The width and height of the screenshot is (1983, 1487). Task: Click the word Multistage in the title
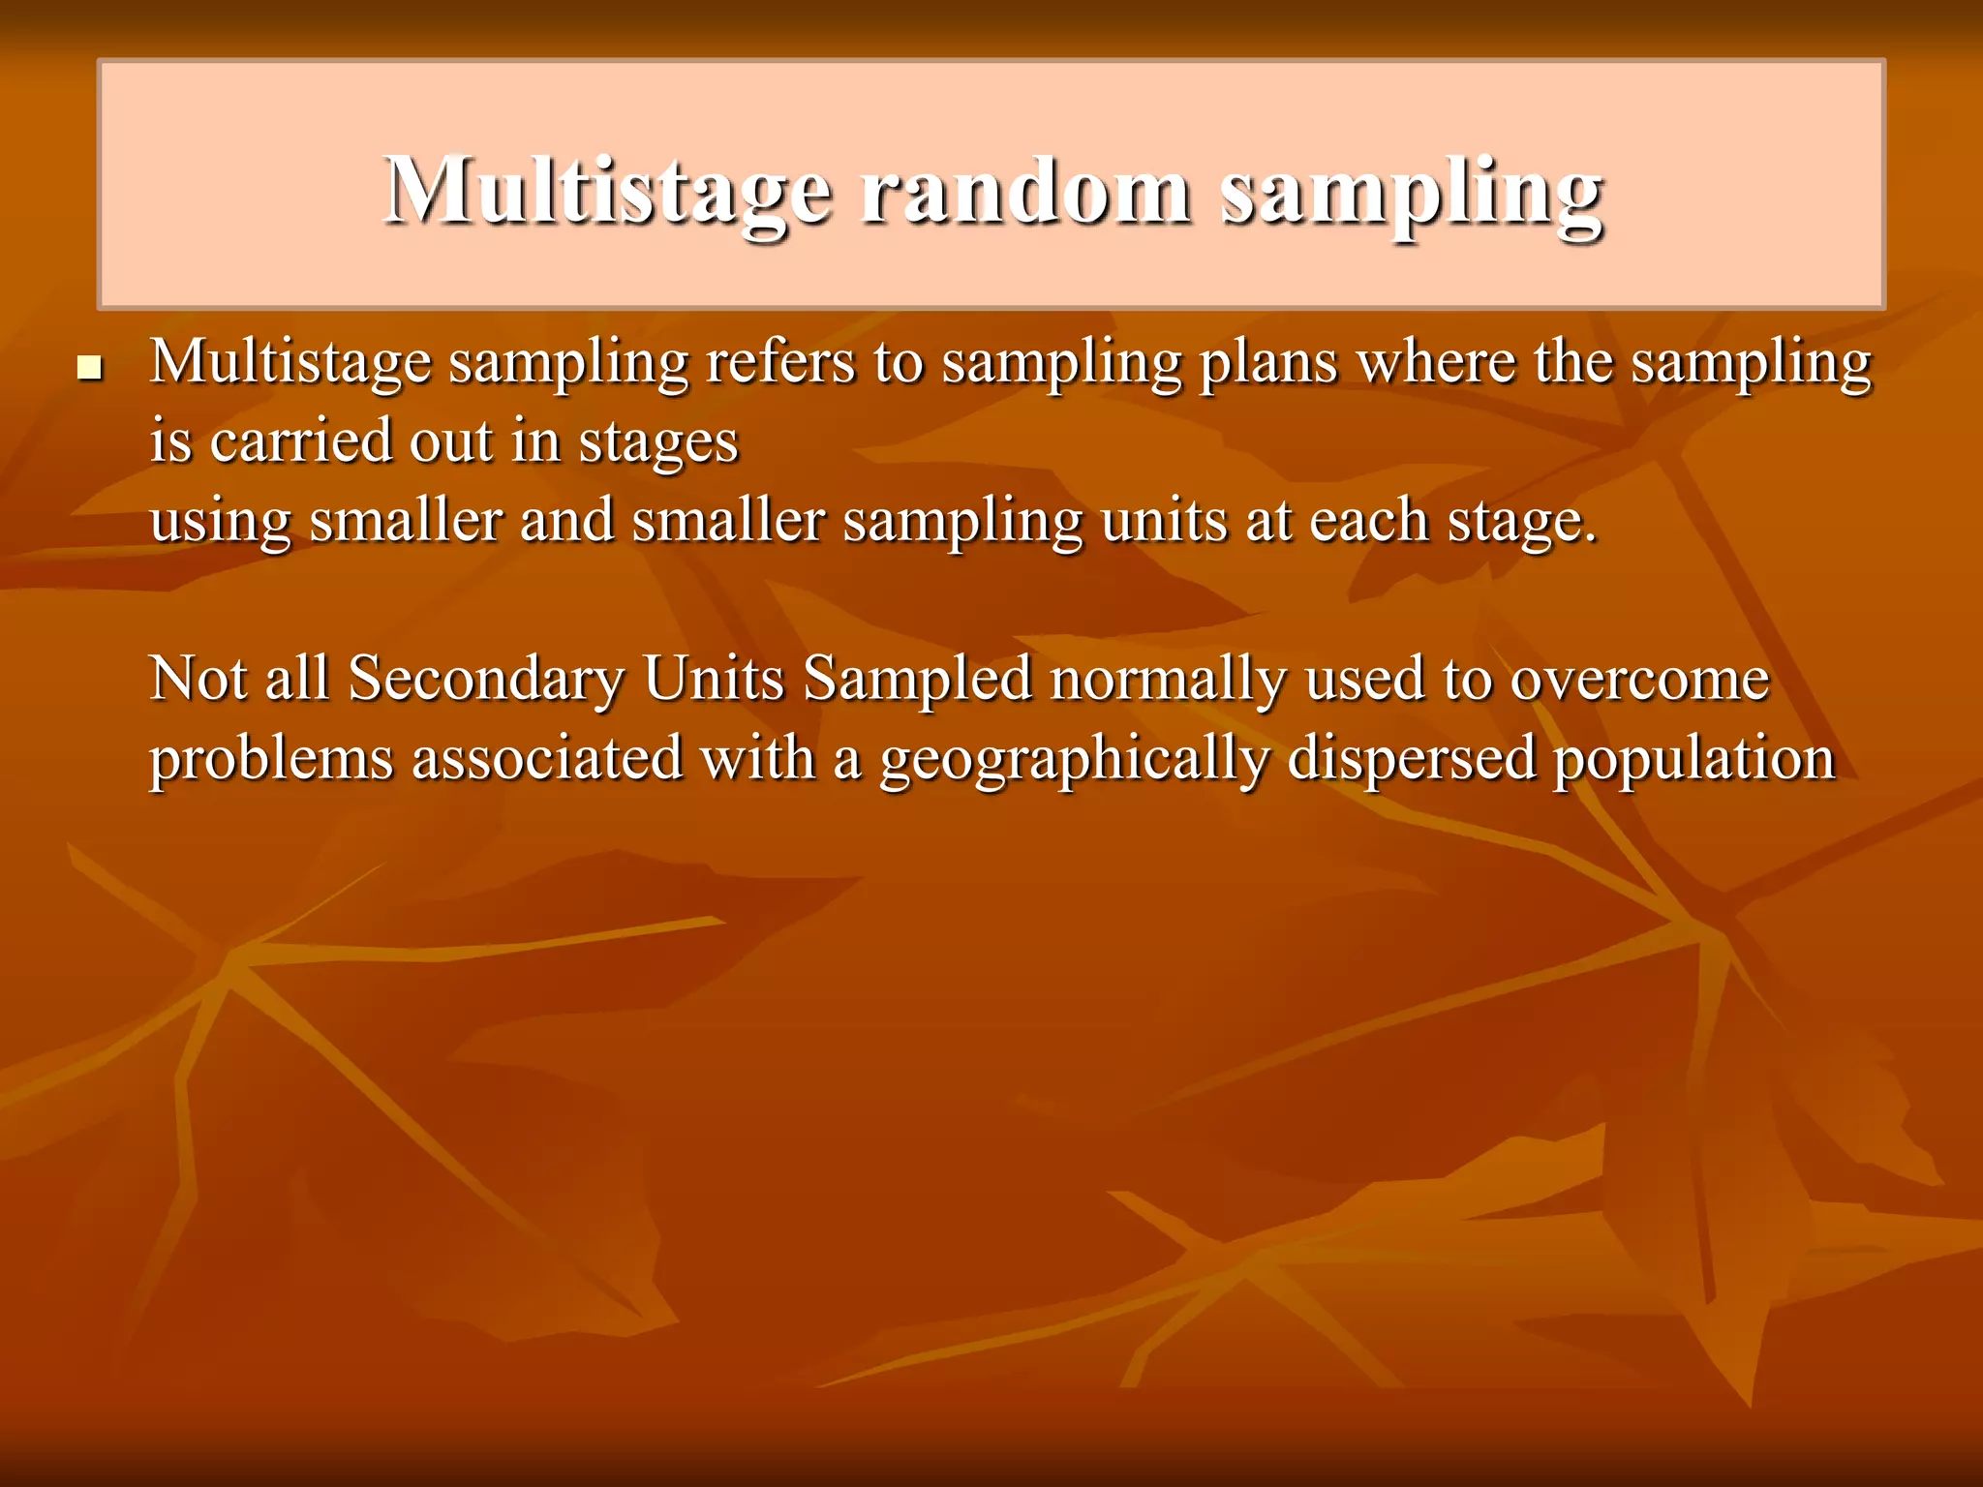[607, 191]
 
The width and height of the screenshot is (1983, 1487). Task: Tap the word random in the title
[1025, 191]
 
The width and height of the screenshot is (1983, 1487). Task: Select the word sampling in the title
[1410, 193]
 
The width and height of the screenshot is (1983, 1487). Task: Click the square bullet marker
[89, 368]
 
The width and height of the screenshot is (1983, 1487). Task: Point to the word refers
[780, 362]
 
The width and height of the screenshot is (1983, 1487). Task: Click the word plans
[1268, 364]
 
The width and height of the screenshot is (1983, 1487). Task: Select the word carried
[301, 441]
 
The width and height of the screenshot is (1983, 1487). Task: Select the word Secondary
[486, 679]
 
